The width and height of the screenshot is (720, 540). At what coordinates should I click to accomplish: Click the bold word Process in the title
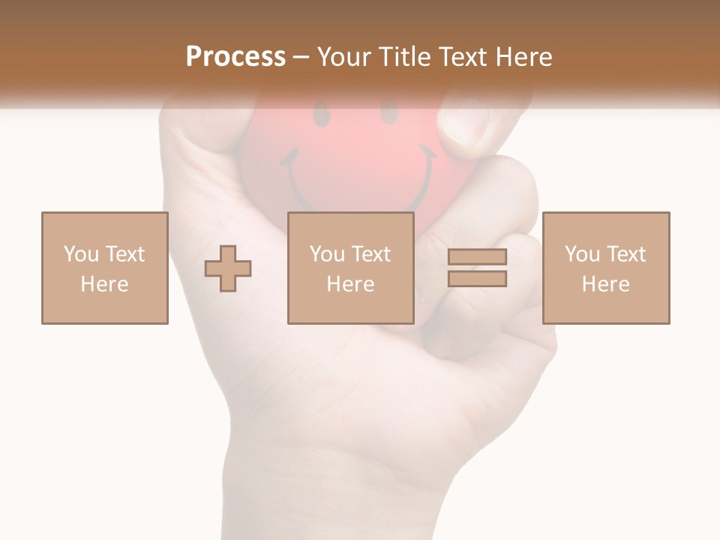[235, 56]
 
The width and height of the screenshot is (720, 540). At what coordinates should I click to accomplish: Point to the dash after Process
[301, 58]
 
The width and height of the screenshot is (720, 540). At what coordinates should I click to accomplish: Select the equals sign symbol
[477, 268]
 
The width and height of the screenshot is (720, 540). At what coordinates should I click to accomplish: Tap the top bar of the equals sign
[477, 257]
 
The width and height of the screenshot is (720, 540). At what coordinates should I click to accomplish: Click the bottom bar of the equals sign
[477, 279]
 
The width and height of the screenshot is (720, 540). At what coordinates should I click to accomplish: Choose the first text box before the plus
[105, 268]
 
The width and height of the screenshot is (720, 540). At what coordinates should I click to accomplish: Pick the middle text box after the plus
[351, 268]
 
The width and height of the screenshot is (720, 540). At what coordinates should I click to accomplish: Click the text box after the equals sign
[606, 268]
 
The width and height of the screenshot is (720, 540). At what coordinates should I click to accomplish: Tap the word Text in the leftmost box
[124, 254]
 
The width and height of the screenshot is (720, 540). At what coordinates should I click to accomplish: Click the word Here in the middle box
[351, 284]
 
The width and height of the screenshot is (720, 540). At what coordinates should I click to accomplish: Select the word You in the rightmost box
[582, 254]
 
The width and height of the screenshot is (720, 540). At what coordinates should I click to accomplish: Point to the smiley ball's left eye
[321, 116]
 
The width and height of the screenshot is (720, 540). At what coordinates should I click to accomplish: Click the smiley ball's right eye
[388, 114]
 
